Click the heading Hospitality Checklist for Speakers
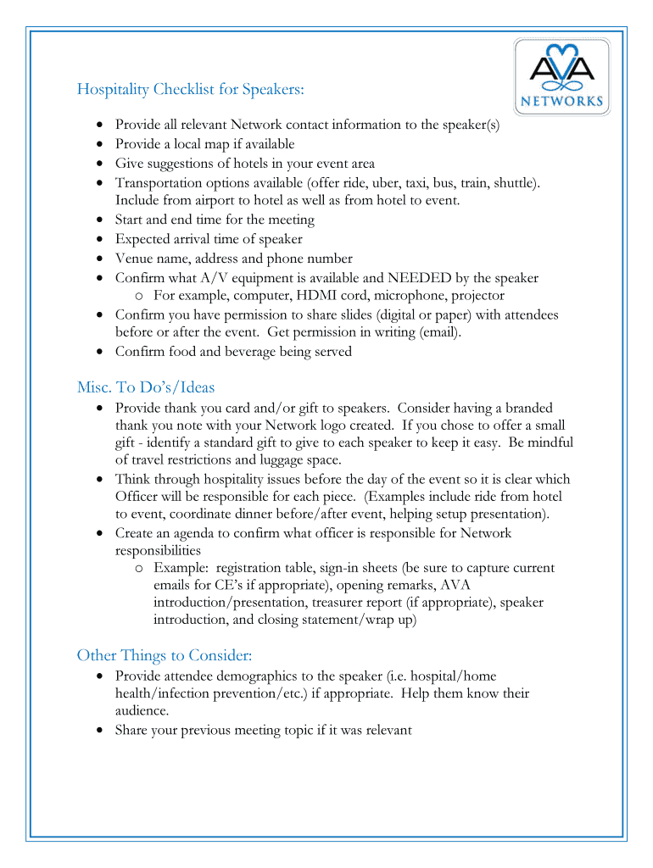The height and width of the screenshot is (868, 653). pos(190,89)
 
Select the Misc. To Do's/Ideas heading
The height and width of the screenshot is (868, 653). pos(146,387)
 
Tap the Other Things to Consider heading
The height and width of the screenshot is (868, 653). pos(165,655)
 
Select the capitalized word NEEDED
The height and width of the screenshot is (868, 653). pos(421,278)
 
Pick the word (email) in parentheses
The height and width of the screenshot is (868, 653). pos(440,332)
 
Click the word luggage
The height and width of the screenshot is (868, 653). pos(268,460)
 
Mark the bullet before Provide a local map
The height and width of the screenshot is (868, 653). pos(101,144)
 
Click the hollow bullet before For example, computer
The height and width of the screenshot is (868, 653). pos(139,297)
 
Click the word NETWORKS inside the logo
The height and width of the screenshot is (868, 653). pos(561,102)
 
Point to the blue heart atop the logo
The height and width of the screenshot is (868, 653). pos(561,49)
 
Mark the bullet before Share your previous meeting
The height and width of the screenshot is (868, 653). pos(101,730)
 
